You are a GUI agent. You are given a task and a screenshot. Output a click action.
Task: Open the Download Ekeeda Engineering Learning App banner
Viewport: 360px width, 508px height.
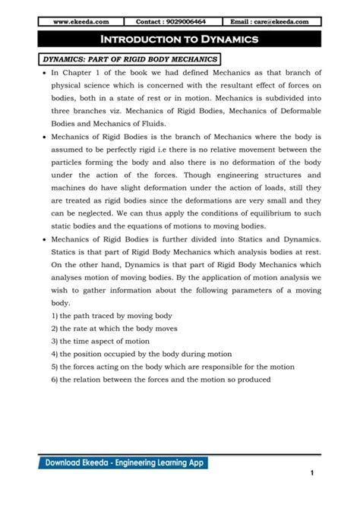click(125, 462)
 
